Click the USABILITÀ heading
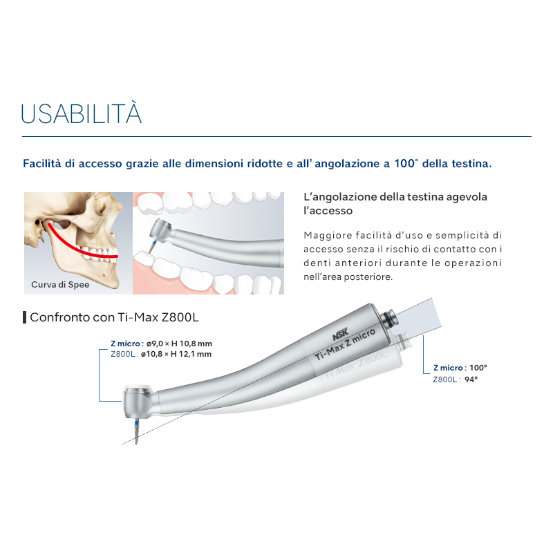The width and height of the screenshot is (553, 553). [x=82, y=113]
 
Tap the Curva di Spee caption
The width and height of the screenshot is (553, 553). [x=60, y=284]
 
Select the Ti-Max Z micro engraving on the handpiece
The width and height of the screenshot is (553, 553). [x=344, y=347]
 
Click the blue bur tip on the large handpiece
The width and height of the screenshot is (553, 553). [x=135, y=429]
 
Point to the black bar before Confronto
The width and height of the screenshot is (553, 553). [x=25, y=317]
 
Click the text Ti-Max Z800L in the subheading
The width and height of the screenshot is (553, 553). [x=162, y=317]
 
